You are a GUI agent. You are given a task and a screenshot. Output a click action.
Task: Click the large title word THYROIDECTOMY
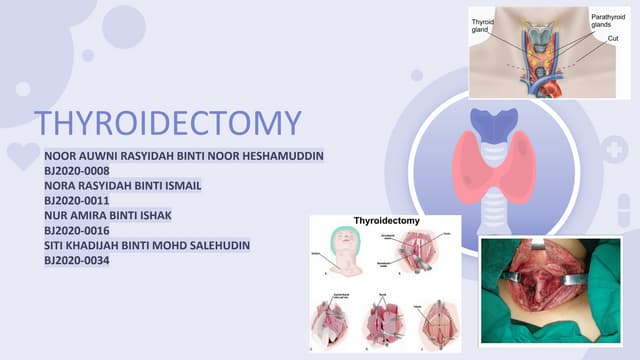tap(168, 123)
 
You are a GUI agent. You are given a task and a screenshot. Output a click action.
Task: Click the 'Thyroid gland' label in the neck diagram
tap(484, 26)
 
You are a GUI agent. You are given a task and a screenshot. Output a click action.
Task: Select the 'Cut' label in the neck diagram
tap(613, 38)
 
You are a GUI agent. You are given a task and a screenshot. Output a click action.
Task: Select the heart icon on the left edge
tap(22, 156)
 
